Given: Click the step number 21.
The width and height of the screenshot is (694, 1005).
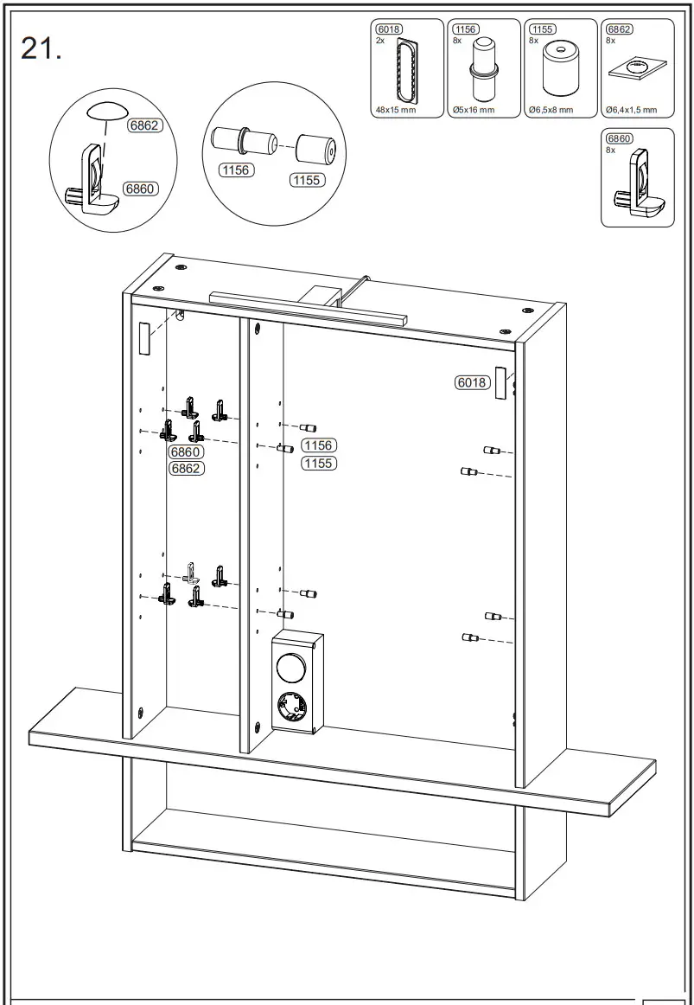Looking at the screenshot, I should pos(41,49).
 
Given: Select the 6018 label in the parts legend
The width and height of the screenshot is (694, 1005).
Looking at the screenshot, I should pos(389,29).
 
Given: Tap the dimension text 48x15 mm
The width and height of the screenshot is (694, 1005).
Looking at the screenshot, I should pos(396,110).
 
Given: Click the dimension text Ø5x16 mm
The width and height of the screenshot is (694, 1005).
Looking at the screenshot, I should pos(473,110).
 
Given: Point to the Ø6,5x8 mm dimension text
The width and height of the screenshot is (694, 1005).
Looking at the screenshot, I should pos(551,110).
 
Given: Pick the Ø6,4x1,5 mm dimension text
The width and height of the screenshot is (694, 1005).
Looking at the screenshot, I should pos(631,110).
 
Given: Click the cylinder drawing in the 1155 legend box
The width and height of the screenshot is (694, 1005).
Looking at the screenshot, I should pos(560,69).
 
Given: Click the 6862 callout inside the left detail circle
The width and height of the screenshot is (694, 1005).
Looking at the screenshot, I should pos(144,125).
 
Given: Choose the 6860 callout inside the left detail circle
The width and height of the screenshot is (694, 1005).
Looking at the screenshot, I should pos(139,189).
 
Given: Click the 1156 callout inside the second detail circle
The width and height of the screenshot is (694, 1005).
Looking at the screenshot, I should pos(234,170).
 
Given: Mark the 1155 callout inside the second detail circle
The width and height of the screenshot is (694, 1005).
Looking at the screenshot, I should pos(306,180).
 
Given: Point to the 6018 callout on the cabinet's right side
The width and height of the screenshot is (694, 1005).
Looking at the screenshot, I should pos(472,382).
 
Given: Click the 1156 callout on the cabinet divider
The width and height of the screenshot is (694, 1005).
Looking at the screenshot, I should pos(318,445).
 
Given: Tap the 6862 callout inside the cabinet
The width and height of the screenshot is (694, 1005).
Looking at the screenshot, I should pos(185,469).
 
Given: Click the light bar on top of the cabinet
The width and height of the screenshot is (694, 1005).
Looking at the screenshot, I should pos(307,307).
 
